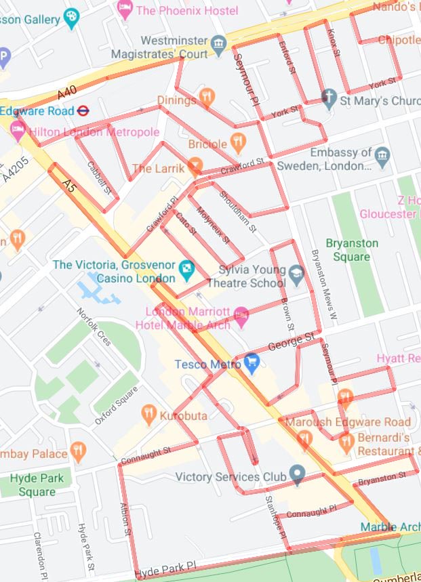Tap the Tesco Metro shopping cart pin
[253, 364]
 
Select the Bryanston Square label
[352, 250]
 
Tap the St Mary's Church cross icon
[329, 100]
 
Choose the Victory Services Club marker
[296, 474]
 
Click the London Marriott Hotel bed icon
[241, 315]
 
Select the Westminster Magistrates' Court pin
[218, 46]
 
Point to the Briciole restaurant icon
[237, 143]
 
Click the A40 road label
[66, 91]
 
